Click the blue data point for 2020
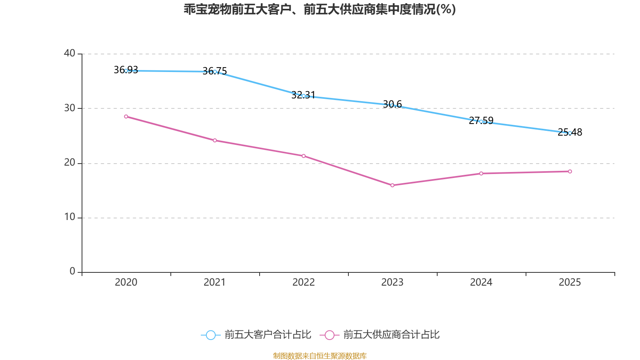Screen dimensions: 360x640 coord(126,71)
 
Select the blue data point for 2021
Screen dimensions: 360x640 coord(215,72)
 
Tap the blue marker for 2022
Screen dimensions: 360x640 coord(304,96)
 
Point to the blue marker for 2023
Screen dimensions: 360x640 coord(392,105)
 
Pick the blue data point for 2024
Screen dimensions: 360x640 coord(481,122)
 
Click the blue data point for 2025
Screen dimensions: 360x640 coord(570,133)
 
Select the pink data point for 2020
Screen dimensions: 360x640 coord(126,117)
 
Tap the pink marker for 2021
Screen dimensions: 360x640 coord(215,140)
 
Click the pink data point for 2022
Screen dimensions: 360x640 coord(304,156)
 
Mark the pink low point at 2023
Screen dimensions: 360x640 coord(392,186)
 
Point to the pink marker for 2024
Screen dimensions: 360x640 coord(481,174)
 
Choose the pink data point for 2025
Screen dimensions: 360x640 coord(570,172)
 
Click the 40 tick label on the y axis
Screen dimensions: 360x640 coord(70,53)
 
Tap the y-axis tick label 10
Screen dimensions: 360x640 coord(70,217)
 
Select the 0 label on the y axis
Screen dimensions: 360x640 coord(72,272)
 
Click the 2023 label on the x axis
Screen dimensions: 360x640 coord(392,282)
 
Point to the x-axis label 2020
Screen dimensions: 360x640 coord(126,282)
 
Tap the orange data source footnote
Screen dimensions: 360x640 coord(320,356)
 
